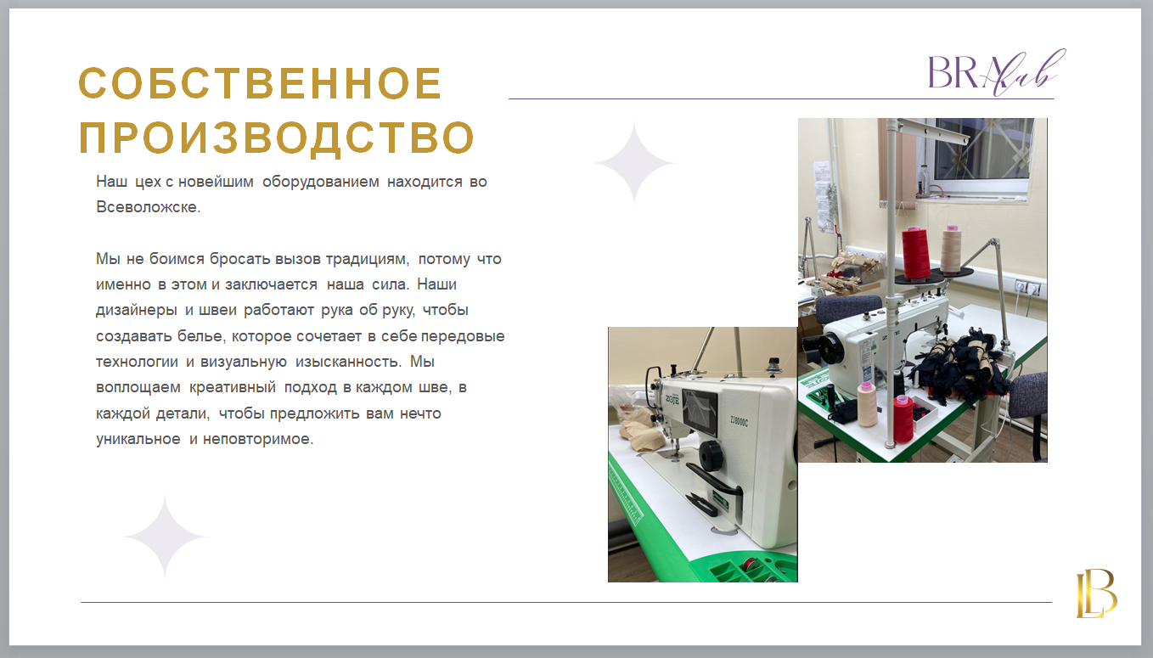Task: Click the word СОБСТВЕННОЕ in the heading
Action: (x=260, y=83)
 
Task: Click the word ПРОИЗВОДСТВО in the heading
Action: (x=277, y=138)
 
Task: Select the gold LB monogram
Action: (x=1096, y=593)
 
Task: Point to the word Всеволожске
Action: (x=148, y=207)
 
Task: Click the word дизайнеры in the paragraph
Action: (x=137, y=311)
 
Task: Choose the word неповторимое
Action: (x=258, y=439)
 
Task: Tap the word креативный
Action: (x=232, y=387)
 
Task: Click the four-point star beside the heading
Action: (x=634, y=163)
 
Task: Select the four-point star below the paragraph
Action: (x=165, y=537)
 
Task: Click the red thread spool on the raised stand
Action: (x=916, y=253)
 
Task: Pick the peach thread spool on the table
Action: (x=868, y=404)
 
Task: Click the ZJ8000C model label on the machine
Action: (x=739, y=421)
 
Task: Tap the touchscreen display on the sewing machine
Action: (x=700, y=410)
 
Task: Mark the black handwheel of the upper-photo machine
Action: (x=830, y=350)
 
